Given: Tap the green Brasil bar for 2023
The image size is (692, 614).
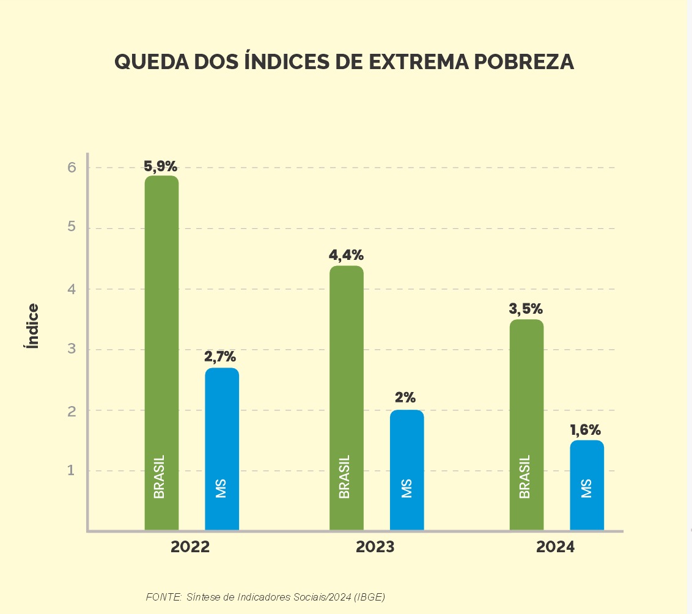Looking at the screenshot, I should (x=346, y=398).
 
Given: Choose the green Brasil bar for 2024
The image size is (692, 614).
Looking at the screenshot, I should (x=526, y=424).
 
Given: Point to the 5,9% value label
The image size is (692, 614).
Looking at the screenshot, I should (x=161, y=166).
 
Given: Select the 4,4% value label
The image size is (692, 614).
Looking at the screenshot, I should (x=347, y=256).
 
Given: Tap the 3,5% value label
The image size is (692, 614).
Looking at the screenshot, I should (x=526, y=309).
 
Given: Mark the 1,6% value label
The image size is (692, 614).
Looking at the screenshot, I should (x=586, y=430).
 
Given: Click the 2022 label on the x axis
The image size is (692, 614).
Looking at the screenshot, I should (x=190, y=547).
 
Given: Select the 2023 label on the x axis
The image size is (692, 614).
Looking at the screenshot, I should (x=375, y=547).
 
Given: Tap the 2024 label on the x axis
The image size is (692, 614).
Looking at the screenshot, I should (x=556, y=547).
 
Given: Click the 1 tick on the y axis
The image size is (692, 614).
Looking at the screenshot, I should (x=72, y=471).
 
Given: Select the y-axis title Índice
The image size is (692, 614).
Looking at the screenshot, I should (x=32, y=326).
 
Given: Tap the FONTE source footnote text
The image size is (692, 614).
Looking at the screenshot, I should (x=265, y=597).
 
